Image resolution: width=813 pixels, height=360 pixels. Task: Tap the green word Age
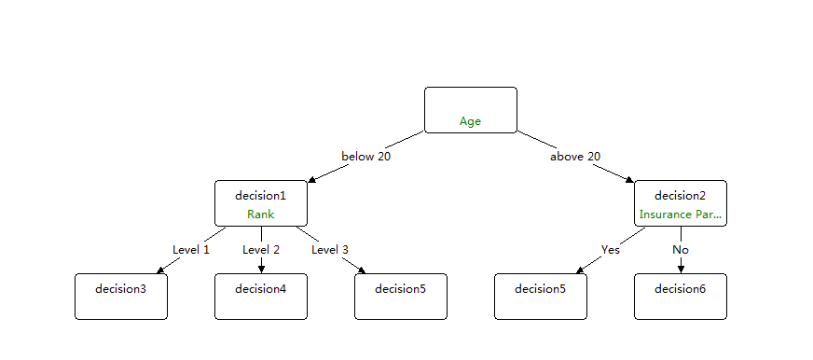point(470,121)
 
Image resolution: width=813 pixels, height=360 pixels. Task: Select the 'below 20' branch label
point(365,157)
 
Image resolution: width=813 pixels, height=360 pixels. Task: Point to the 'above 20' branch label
point(575,157)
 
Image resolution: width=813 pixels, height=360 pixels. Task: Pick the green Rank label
point(260,215)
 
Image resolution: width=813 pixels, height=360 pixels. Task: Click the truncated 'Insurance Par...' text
point(680,215)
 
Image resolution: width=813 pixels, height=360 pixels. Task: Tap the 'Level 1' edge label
point(191,250)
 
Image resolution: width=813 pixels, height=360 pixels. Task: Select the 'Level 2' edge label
point(261,250)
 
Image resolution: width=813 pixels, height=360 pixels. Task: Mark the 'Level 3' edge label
point(330,250)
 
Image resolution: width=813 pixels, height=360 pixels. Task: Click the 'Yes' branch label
point(611,250)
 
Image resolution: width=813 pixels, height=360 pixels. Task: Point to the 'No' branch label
point(681,250)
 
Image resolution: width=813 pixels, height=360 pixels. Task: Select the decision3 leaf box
point(121,296)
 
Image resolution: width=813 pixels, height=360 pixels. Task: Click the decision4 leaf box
point(260,296)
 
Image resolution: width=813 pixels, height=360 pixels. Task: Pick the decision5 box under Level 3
point(400,296)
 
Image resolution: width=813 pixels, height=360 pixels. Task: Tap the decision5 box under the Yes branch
point(540,296)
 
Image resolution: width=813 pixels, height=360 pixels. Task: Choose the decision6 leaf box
point(680,296)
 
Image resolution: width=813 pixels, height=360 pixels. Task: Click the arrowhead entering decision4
point(261,270)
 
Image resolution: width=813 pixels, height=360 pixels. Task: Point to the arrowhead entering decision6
point(681,270)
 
